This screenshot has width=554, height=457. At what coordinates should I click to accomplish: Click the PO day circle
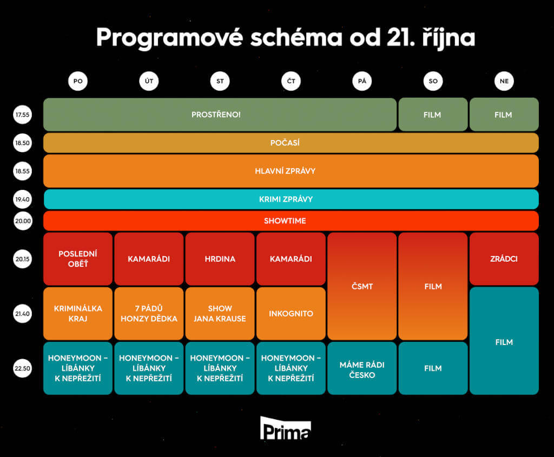[x=78, y=81]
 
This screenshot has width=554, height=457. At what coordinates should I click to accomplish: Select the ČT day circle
[x=291, y=81]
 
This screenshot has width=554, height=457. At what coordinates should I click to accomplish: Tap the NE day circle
[x=504, y=81]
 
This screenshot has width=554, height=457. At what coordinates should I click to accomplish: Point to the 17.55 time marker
[x=22, y=115]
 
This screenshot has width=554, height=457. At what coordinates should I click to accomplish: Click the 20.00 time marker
[x=23, y=221]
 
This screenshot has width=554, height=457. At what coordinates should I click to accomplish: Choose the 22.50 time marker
[x=22, y=368]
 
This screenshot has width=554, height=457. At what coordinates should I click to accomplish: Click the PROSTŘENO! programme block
[x=220, y=115]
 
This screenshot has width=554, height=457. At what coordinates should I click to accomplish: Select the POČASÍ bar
[x=291, y=143]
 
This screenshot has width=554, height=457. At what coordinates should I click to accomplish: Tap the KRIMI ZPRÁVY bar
[x=291, y=199]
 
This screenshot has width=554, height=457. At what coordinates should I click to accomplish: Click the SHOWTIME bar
[x=291, y=221]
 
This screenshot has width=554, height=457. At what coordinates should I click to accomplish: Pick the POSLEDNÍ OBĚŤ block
[x=78, y=259]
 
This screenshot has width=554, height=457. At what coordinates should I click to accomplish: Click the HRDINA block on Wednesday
[x=220, y=259]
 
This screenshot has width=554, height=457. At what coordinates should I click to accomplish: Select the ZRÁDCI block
[x=504, y=259]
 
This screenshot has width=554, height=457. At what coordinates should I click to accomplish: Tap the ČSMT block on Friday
[x=362, y=286]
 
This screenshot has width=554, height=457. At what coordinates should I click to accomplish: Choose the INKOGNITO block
[x=291, y=314]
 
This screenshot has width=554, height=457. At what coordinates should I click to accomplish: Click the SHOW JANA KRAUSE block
[x=220, y=314]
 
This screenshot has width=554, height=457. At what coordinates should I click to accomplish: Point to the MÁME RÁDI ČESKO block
[x=362, y=368]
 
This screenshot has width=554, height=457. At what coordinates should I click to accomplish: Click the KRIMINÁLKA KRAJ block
[x=78, y=314]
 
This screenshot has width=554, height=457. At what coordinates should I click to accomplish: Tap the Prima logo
[x=286, y=428]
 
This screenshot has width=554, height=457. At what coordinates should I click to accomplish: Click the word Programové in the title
[x=169, y=37]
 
